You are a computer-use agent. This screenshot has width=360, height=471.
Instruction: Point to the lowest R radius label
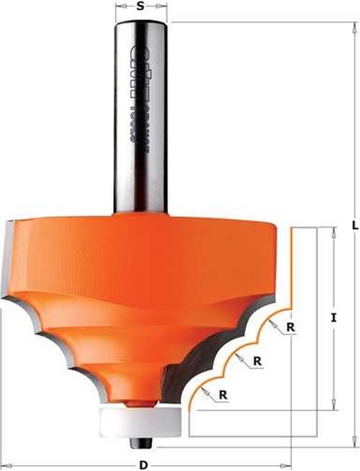tap(224, 394)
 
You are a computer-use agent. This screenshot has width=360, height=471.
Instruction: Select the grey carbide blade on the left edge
tap(10, 255)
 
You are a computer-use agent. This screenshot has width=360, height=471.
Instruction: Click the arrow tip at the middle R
tap(236, 354)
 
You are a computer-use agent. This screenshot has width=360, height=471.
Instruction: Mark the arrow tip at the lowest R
tap(204, 388)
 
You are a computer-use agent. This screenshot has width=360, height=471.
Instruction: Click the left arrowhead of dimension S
tap(117, 9)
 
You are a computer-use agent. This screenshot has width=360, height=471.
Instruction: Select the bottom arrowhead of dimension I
tap(334, 407)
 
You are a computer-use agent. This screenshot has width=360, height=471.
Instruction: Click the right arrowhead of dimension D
tap(289, 465)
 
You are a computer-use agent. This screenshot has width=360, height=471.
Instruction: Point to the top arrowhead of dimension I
tap(334, 229)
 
